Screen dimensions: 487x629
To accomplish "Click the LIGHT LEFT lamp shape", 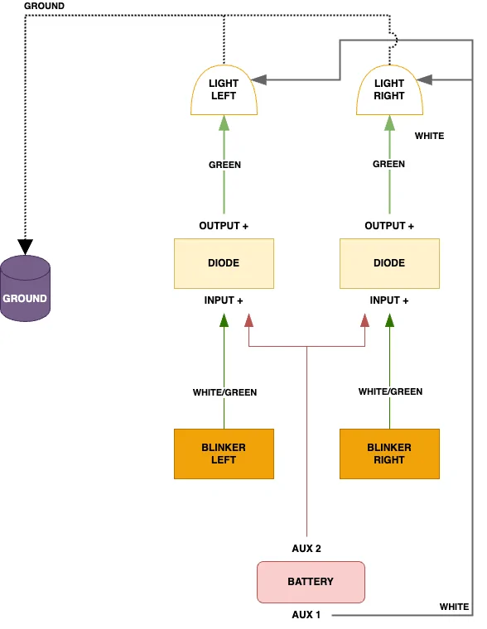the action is click(x=224, y=90).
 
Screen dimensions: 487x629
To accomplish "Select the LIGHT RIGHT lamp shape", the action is click(x=389, y=90).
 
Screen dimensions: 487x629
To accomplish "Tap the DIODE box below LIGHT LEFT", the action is click(x=224, y=263).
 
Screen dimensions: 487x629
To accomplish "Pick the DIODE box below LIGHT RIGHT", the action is click(x=389, y=263).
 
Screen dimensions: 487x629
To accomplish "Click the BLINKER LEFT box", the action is click(x=224, y=454).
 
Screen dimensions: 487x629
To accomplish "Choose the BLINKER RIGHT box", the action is click(x=389, y=454).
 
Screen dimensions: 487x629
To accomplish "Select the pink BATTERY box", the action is click(x=311, y=582).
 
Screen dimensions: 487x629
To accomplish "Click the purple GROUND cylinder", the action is click(x=26, y=288).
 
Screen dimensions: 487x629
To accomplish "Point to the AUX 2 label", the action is click(x=306, y=549).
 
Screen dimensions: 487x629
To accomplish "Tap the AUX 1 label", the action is click(x=306, y=615).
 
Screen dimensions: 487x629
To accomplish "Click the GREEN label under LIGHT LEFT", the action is click(x=224, y=165).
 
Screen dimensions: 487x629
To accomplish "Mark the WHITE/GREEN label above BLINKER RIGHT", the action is click(x=390, y=391).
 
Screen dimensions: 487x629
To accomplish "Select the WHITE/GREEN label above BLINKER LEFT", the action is click(x=224, y=392).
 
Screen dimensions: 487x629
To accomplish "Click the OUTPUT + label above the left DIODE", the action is click(x=224, y=226).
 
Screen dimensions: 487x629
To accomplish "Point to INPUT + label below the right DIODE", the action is click(x=389, y=300).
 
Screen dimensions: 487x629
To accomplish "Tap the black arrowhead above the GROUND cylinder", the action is click(x=26, y=247).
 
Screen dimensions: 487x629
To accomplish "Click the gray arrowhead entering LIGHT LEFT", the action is click(x=259, y=79).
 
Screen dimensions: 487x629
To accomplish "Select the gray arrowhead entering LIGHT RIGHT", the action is click(x=424, y=79).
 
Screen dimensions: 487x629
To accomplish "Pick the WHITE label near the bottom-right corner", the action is click(x=454, y=607).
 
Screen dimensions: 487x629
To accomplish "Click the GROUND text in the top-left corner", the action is click(x=44, y=6).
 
